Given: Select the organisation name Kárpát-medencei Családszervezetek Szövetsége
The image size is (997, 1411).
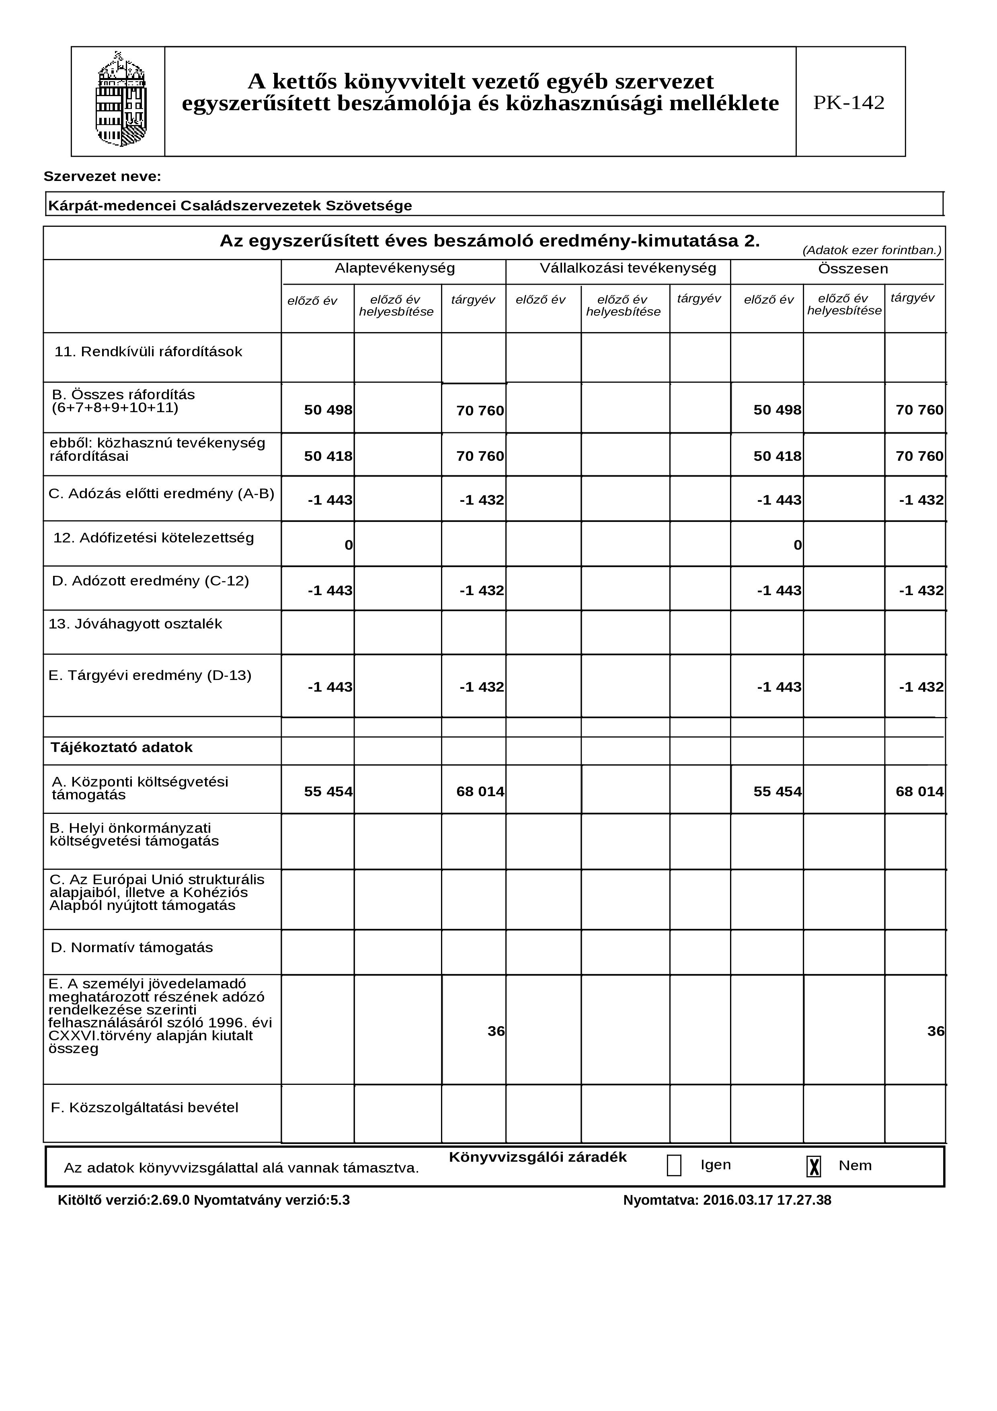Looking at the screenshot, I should [x=230, y=206].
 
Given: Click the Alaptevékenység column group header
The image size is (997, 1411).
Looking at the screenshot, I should [x=394, y=269].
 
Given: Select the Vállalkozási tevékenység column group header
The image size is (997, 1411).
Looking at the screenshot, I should [x=628, y=269].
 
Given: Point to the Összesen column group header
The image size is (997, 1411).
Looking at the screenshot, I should [x=853, y=269].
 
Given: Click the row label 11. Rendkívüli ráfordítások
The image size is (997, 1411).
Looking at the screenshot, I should [x=148, y=352].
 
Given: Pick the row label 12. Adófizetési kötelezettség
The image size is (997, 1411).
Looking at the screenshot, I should [x=154, y=538].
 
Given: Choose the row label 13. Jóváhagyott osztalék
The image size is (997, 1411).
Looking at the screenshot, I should [x=135, y=624].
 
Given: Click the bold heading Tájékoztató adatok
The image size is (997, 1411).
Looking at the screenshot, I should [x=122, y=748].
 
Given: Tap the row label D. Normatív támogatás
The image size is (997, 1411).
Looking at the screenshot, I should [x=131, y=948].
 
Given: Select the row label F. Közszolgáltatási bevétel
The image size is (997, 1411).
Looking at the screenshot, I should [x=144, y=1108].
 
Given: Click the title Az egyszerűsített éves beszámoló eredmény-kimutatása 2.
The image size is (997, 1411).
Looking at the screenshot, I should [x=490, y=241].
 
